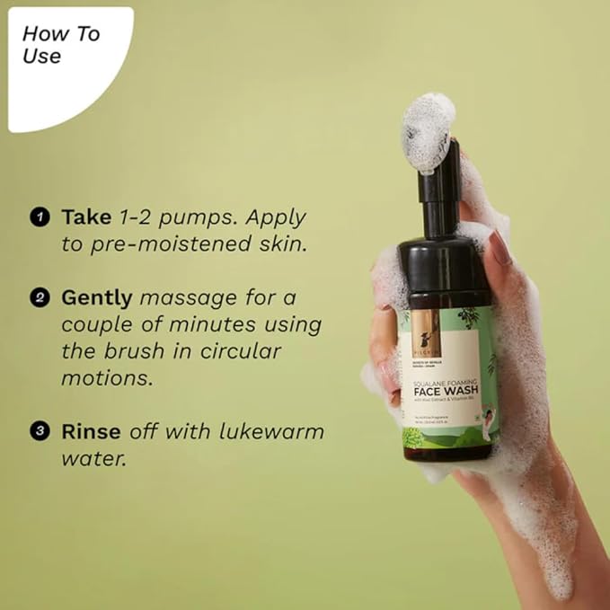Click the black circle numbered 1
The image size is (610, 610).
click(x=39, y=217)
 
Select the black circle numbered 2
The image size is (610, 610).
click(x=39, y=297)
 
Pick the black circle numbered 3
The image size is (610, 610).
click(x=39, y=432)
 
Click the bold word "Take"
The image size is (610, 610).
click(x=85, y=217)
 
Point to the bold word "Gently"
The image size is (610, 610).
click(x=97, y=296)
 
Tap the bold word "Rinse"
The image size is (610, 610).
click(x=91, y=431)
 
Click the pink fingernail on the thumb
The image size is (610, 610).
click(x=499, y=247)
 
